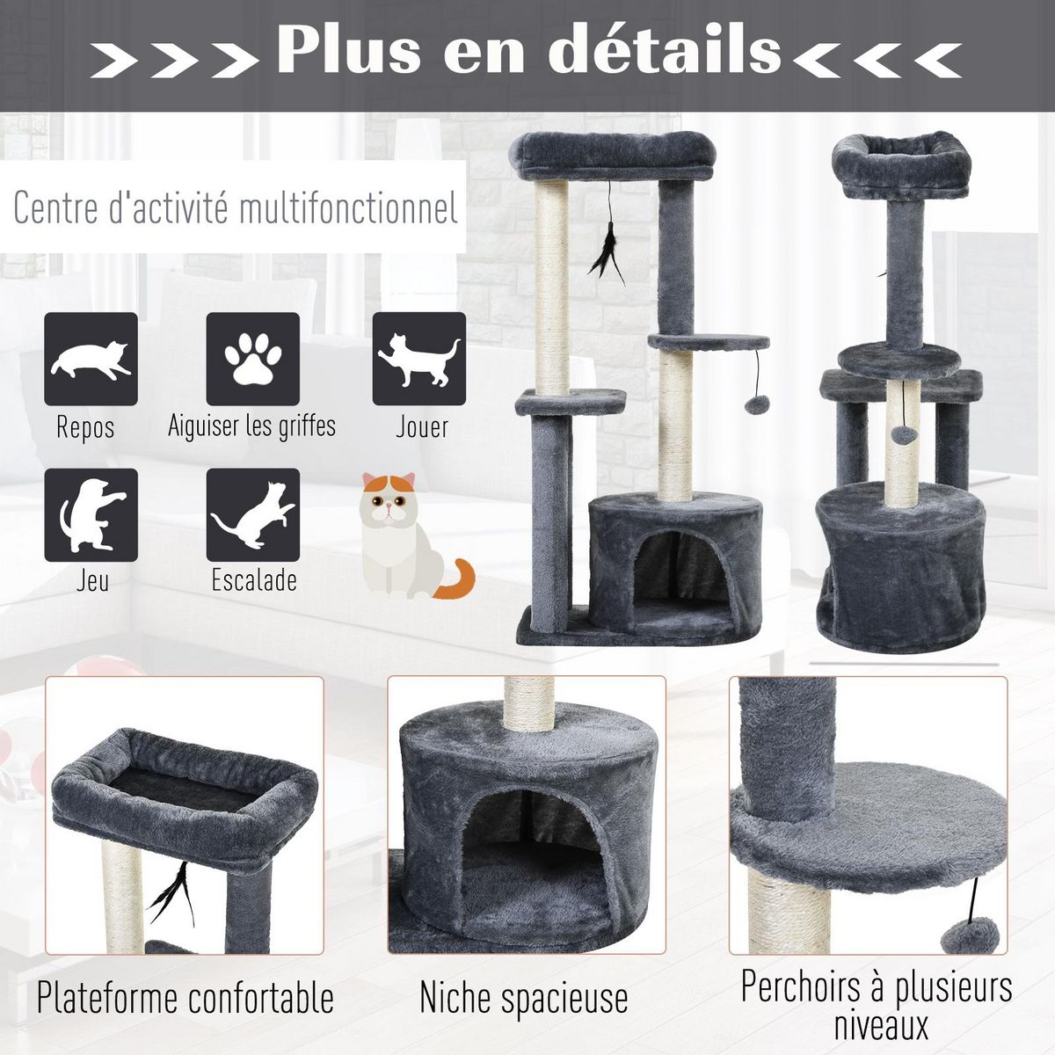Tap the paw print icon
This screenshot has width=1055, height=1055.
pyautogui.click(x=253, y=359)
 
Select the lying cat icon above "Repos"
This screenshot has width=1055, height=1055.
pyautogui.click(x=91, y=359)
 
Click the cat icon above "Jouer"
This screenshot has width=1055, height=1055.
pyautogui.click(x=419, y=359)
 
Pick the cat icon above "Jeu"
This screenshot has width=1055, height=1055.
pyautogui.click(x=91, y=515)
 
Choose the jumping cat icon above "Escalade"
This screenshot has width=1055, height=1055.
pyautogui.click(x=253, y=515)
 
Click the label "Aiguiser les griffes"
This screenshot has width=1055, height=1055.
pyautogui.click(x=252, y=426)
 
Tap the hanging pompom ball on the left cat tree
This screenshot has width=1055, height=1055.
pyautogui.click(x=756, y=404)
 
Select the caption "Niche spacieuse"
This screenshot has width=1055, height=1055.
pyautogui.click(x=524, y=998)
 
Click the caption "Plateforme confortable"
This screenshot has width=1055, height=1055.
pyautogui.click(x=186, y=998)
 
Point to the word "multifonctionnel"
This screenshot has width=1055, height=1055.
pyautogui.click(x=348, y=209)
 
